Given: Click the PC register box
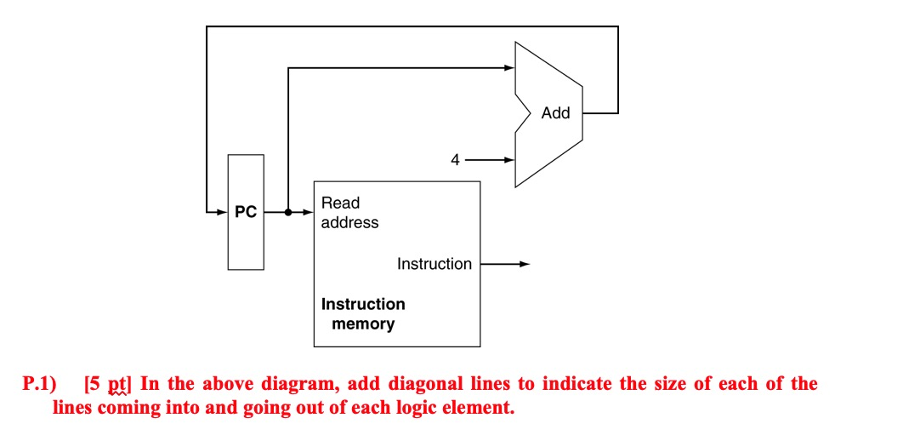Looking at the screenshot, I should [x=246, y=212].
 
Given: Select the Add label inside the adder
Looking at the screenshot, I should [x=555, y=113].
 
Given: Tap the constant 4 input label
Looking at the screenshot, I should [x=455, y=159].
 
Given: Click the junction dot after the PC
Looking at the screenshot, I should [x=289, y=212].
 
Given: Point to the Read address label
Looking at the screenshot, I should [x=349, y=213].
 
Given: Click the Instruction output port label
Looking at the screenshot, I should [x=434, y=264].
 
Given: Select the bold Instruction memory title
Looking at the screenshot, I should [x=363, y=313].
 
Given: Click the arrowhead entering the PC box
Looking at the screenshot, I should [x=222, y=212].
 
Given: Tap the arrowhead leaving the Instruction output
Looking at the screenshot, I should [x=524, y=264].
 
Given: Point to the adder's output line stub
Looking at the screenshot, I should [x=599, y=113].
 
